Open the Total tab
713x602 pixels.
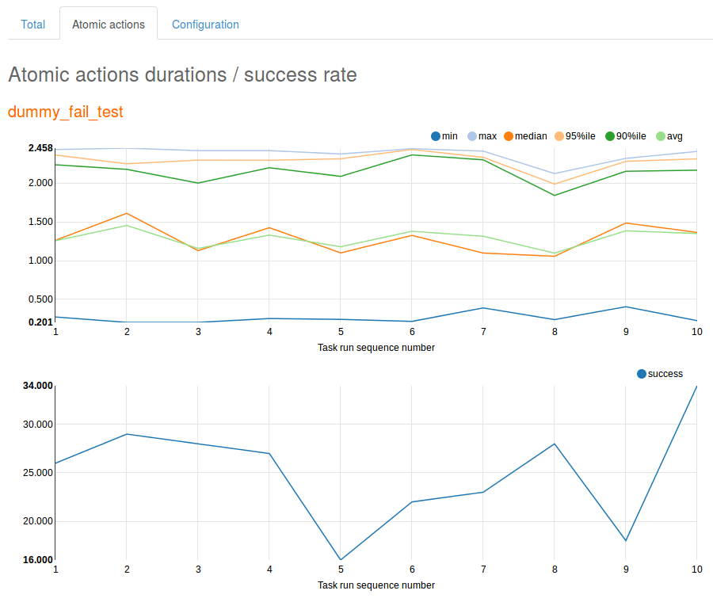tap(32, 25)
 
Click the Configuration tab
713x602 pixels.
tap(205, 25)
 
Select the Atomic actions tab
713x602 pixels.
tap(109, 25)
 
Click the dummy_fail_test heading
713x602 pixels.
tap(66, 112)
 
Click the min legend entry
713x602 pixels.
tap(443, 136)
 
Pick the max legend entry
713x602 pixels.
tap(481, 136)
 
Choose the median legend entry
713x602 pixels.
tap(524, 136)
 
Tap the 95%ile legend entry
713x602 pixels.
tap(574, 136)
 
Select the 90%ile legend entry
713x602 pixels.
tap(626, 136)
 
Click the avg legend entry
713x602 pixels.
tap(669, 136)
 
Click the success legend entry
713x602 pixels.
tap(659, 374)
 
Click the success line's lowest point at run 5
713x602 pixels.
tap(341, 560)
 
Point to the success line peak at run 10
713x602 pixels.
tap(696, 387)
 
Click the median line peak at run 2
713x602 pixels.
tap(127, 213)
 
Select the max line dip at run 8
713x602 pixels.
tap(555, 173)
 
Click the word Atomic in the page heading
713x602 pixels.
tap(40, 75)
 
